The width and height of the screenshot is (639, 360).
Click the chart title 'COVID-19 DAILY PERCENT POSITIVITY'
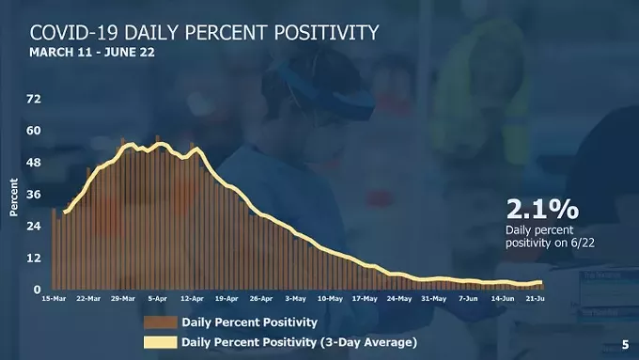(205, 32)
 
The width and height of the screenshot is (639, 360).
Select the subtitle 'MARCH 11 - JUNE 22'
(92, 53)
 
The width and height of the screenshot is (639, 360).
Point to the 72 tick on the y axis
(34, 99)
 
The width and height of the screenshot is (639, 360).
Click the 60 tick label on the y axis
(34, 131)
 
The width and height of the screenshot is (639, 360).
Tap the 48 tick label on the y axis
(34, 163)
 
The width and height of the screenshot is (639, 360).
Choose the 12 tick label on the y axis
(34, 258)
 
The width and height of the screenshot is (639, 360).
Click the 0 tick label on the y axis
(37, 290)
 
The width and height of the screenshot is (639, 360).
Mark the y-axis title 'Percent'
(14, 197)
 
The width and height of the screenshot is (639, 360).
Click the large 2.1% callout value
(541, 208)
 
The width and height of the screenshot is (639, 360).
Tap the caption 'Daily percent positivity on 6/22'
(550, 236)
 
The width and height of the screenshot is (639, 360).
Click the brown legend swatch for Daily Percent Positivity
(158, 321)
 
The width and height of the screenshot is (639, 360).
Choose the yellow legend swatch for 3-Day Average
(158, 341)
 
